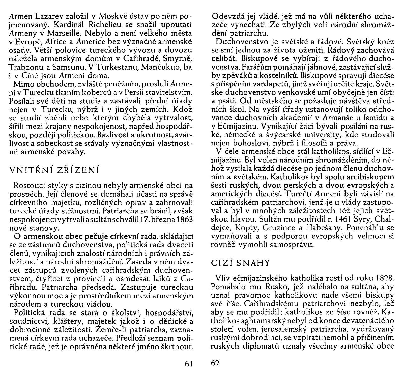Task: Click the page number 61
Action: click(x=189, y=363)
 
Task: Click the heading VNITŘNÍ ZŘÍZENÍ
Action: click(x=54, y=170)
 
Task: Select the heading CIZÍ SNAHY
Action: click(x=240, y=263)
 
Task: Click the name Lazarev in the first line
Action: click(x=51, y=17)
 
